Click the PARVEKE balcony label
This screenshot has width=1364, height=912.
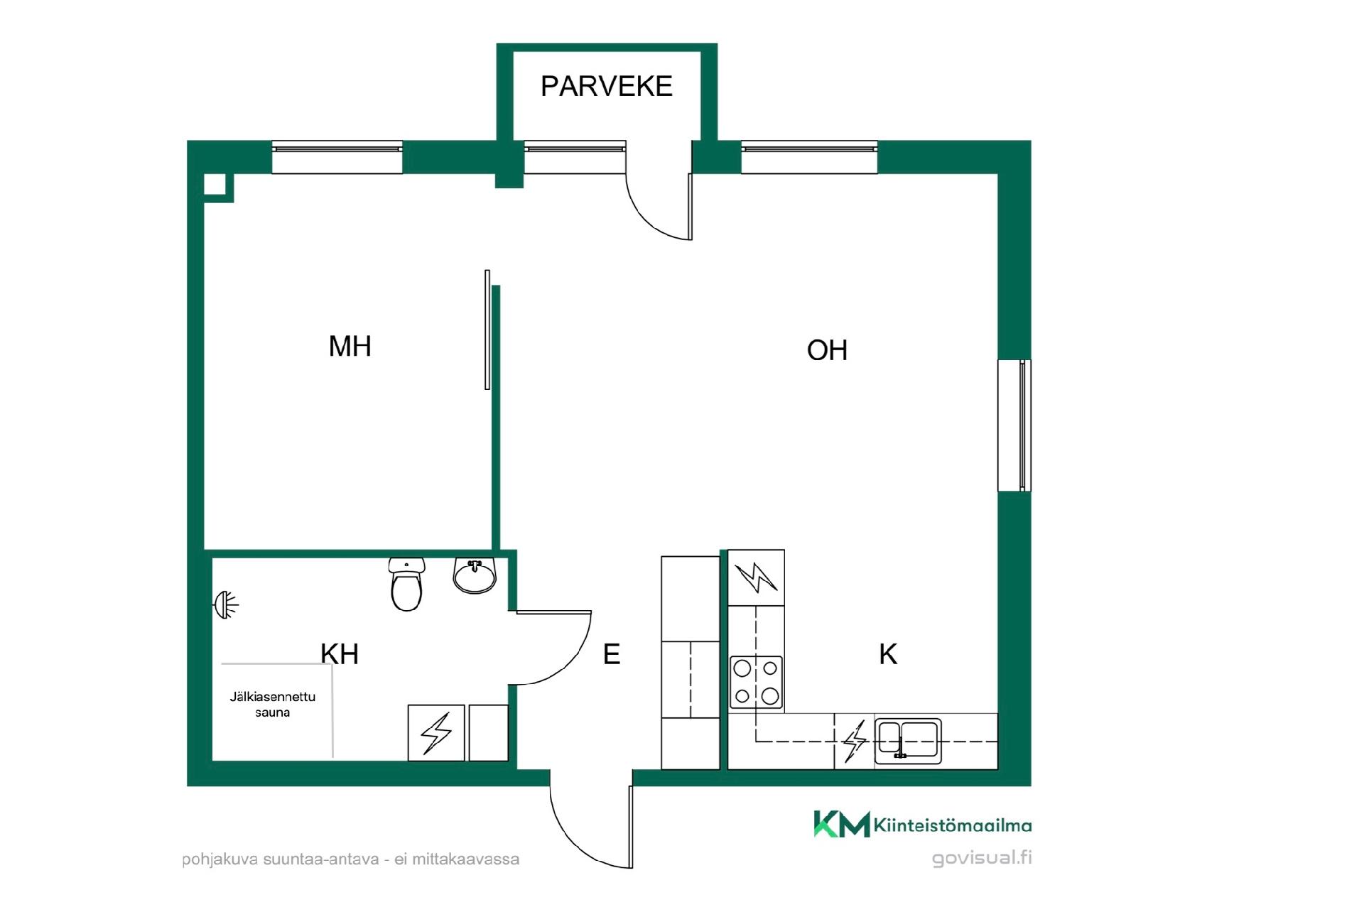pos(606,86)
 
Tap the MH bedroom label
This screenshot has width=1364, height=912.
pos(350,346)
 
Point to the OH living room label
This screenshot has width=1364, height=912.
pos(827,350)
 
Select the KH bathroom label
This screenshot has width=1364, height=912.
pos(340,654)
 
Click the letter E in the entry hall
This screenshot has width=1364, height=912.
pos(612,654)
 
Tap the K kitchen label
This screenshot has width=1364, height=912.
pos(888,654)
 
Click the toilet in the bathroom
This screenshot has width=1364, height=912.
pos(406,584)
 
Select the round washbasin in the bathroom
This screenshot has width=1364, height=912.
pos(475,575)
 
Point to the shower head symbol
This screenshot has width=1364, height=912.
pos(226,605)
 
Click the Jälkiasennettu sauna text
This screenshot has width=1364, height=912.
pos(273,705)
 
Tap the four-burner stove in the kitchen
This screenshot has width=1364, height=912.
pos(757,683)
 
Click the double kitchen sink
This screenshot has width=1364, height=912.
pos(908,741)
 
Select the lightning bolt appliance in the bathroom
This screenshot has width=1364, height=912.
pos(436,733)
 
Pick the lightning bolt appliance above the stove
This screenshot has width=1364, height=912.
pos(757,577)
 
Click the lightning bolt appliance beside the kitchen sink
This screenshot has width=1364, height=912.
pos(855,741)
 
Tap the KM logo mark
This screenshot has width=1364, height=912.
pos(842,824)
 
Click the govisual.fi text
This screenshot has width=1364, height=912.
pos(982,858)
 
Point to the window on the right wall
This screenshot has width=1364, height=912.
pos(1014,425)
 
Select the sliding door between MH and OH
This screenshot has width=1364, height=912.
pos(487,330)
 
